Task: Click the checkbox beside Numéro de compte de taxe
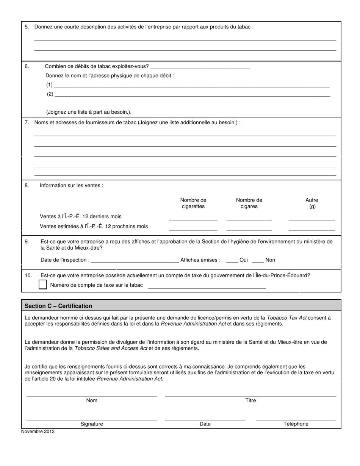(x=43, y=285)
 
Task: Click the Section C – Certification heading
(x=58, y=306)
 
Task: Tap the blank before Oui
(x=232, y=260)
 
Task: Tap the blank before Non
(x=258, y=260)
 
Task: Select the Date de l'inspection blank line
(x=135, y=260)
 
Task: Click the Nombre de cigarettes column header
(x=193, y=203)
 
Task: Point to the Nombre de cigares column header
(x=249, y=203)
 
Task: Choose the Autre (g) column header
(x=312, y=203)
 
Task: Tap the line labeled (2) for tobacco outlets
(x=192, y=95)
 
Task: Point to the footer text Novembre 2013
(x=38, y=431)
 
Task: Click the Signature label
(x=92, y=424)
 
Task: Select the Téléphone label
(x=296, y=424)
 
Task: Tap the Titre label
(x=250, y=400)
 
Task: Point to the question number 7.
(x=27, y=122)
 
